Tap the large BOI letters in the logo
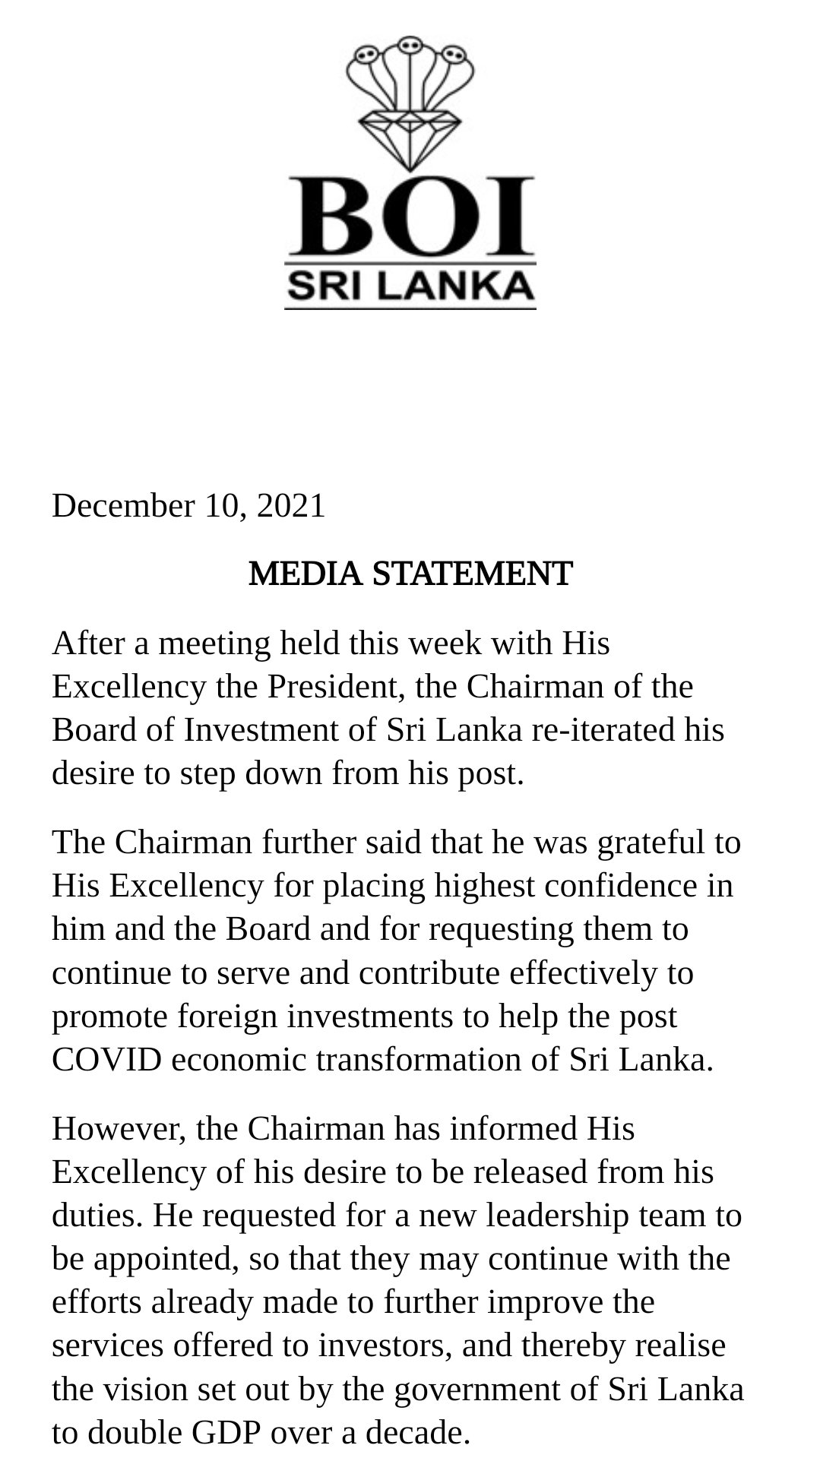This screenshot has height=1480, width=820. click(410, 217)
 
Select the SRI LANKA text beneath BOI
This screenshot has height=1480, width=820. click(410, 286)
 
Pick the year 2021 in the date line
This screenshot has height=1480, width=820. click(291, 506)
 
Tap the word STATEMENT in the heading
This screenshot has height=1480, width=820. click(472, 574)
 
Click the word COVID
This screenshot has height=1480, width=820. click(106, 1060)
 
